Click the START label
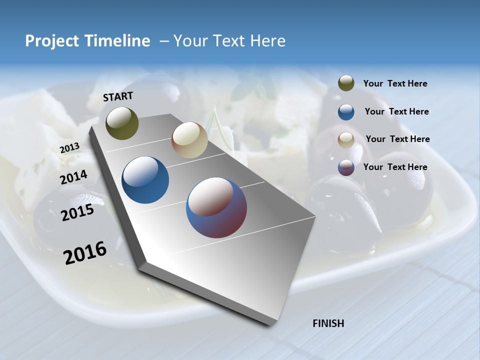(118, 96)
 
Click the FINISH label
(328, 323)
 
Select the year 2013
(69, 148)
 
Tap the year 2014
(73, 177)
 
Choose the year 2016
(85, 253)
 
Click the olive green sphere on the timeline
(122, 123)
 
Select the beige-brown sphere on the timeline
(189, 140)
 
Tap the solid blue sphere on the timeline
(145, 180)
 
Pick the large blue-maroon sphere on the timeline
(216, 207)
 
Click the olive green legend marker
(346, 83)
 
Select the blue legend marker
(346, 112)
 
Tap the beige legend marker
(346, 140)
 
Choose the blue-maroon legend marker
(346, 167)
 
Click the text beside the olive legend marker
(395, 83)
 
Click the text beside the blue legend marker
(396, 111)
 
